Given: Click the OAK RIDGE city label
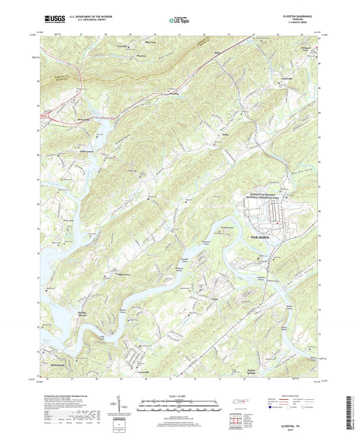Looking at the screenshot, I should [x=264, y=238].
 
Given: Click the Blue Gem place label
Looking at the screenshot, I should [x=149, y=42].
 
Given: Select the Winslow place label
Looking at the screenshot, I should [x=141, y=55].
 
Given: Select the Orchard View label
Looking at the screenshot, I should [x=306, y=49].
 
